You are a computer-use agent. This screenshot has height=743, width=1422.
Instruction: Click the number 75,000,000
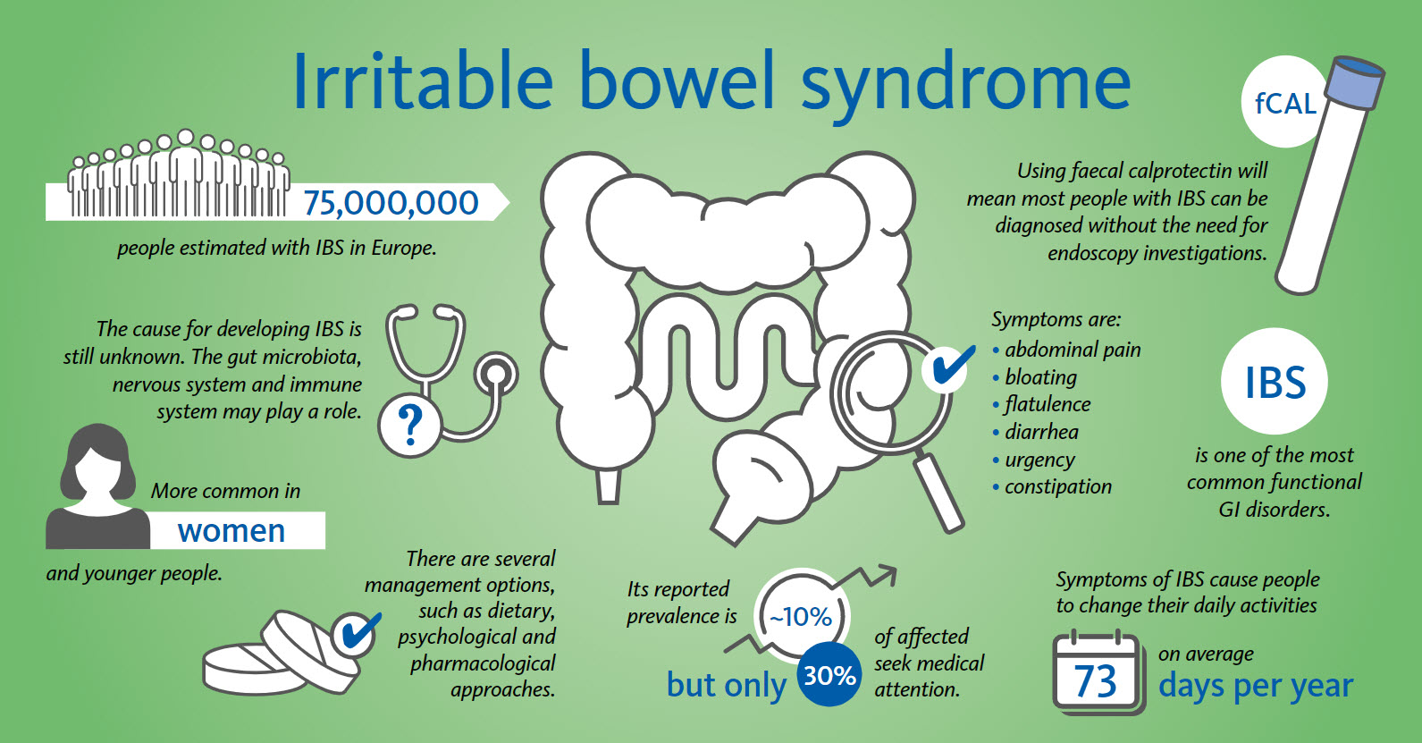coord(391,203)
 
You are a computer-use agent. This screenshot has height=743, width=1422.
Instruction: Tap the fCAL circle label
coord(1283,103)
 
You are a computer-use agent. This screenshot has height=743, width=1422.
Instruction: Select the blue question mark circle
coord(410,424)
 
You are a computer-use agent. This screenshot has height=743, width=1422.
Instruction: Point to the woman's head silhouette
coord(97,462)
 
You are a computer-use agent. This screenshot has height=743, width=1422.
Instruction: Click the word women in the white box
coord(231,531)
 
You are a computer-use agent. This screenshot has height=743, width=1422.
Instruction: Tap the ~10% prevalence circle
coord(801,616)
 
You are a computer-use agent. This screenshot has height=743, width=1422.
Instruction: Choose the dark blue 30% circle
coord(829,674)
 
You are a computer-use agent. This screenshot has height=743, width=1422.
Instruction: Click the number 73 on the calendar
coord(1095,681)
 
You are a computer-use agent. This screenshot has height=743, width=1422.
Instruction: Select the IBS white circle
coord(1275,381)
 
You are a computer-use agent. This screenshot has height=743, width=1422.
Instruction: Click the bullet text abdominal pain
coord(1073,350)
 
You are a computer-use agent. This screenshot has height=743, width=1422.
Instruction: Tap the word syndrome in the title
coord(965,82)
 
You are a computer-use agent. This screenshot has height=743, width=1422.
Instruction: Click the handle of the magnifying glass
coord(938,493)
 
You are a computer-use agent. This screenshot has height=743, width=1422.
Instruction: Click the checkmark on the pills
coord(359,632)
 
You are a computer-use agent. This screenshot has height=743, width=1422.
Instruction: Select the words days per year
coord(1256,686)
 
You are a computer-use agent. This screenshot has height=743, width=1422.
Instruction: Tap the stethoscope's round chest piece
coord(496,376)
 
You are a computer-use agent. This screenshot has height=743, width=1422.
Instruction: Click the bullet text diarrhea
coord(1042,432)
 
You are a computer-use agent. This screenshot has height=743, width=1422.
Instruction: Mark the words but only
coord(727,685)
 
